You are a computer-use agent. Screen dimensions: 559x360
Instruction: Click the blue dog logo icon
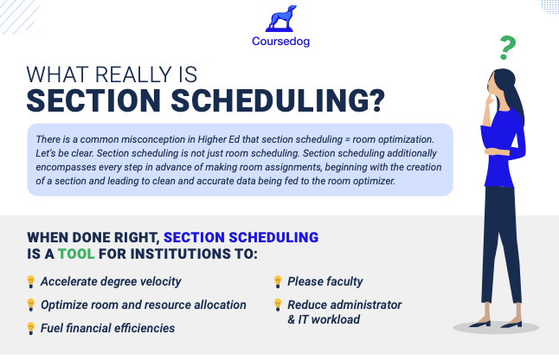point(281,18)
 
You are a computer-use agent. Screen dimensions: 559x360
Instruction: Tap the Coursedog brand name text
point(280,42)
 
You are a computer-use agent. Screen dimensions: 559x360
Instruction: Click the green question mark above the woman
point(507,48)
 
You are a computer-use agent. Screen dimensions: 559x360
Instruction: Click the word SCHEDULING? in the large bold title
point(278,100)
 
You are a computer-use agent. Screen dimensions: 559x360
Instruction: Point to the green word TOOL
point(76,254)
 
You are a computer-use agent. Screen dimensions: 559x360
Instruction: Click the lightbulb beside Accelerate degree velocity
point(31,281)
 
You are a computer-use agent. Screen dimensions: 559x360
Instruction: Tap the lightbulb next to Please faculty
point(278,281)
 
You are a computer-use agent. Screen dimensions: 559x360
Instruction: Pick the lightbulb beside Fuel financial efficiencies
point(31,328)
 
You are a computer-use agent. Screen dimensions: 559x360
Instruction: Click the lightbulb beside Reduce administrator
point(278,305)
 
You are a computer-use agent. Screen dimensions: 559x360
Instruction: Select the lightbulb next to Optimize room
point(31,305)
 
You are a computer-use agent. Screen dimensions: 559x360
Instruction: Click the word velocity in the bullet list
point(160,281)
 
